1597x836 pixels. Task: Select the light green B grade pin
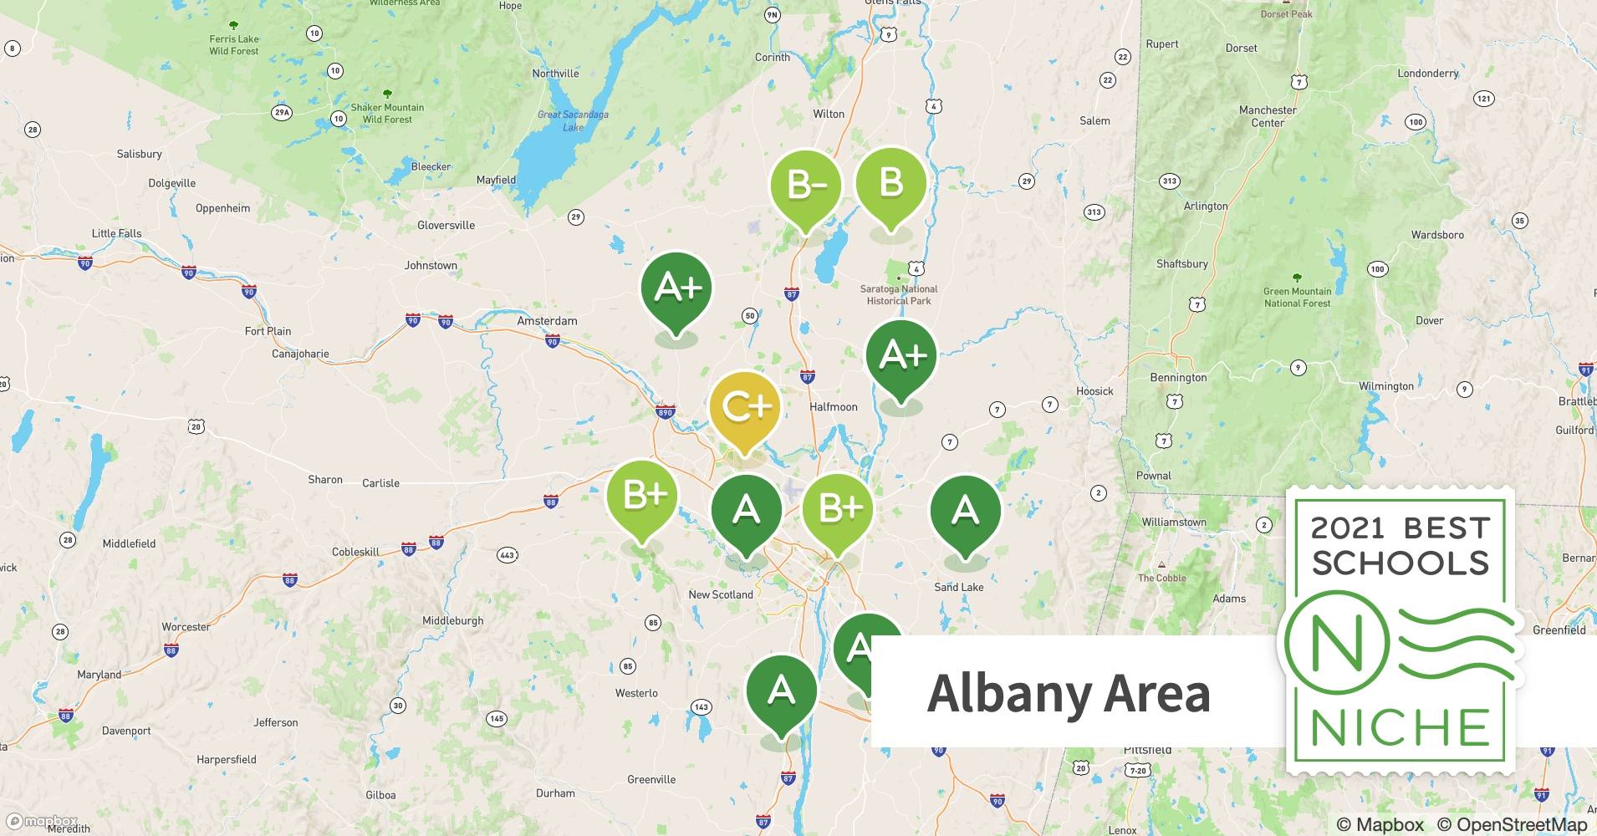click(890, 183)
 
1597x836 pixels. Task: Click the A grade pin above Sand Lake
click(965, 510)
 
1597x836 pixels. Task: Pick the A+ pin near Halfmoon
click(901, 358)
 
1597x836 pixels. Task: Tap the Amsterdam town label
click(547, 321)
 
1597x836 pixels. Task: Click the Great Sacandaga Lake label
click(573, 120)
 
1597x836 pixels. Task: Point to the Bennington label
click(1178, 378)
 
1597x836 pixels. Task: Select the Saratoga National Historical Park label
click(899, 295)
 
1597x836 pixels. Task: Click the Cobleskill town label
click(355, 552)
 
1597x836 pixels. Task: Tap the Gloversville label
click(446, 226)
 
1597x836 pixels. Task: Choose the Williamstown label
click(1174, 522)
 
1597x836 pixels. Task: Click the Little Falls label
click(116, 234)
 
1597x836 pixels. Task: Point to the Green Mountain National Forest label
click(1297, 297)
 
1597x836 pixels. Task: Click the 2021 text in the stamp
click(1346, 528)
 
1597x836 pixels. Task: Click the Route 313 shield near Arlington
click(1170, 181)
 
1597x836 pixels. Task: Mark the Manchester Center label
click(1268, 116)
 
